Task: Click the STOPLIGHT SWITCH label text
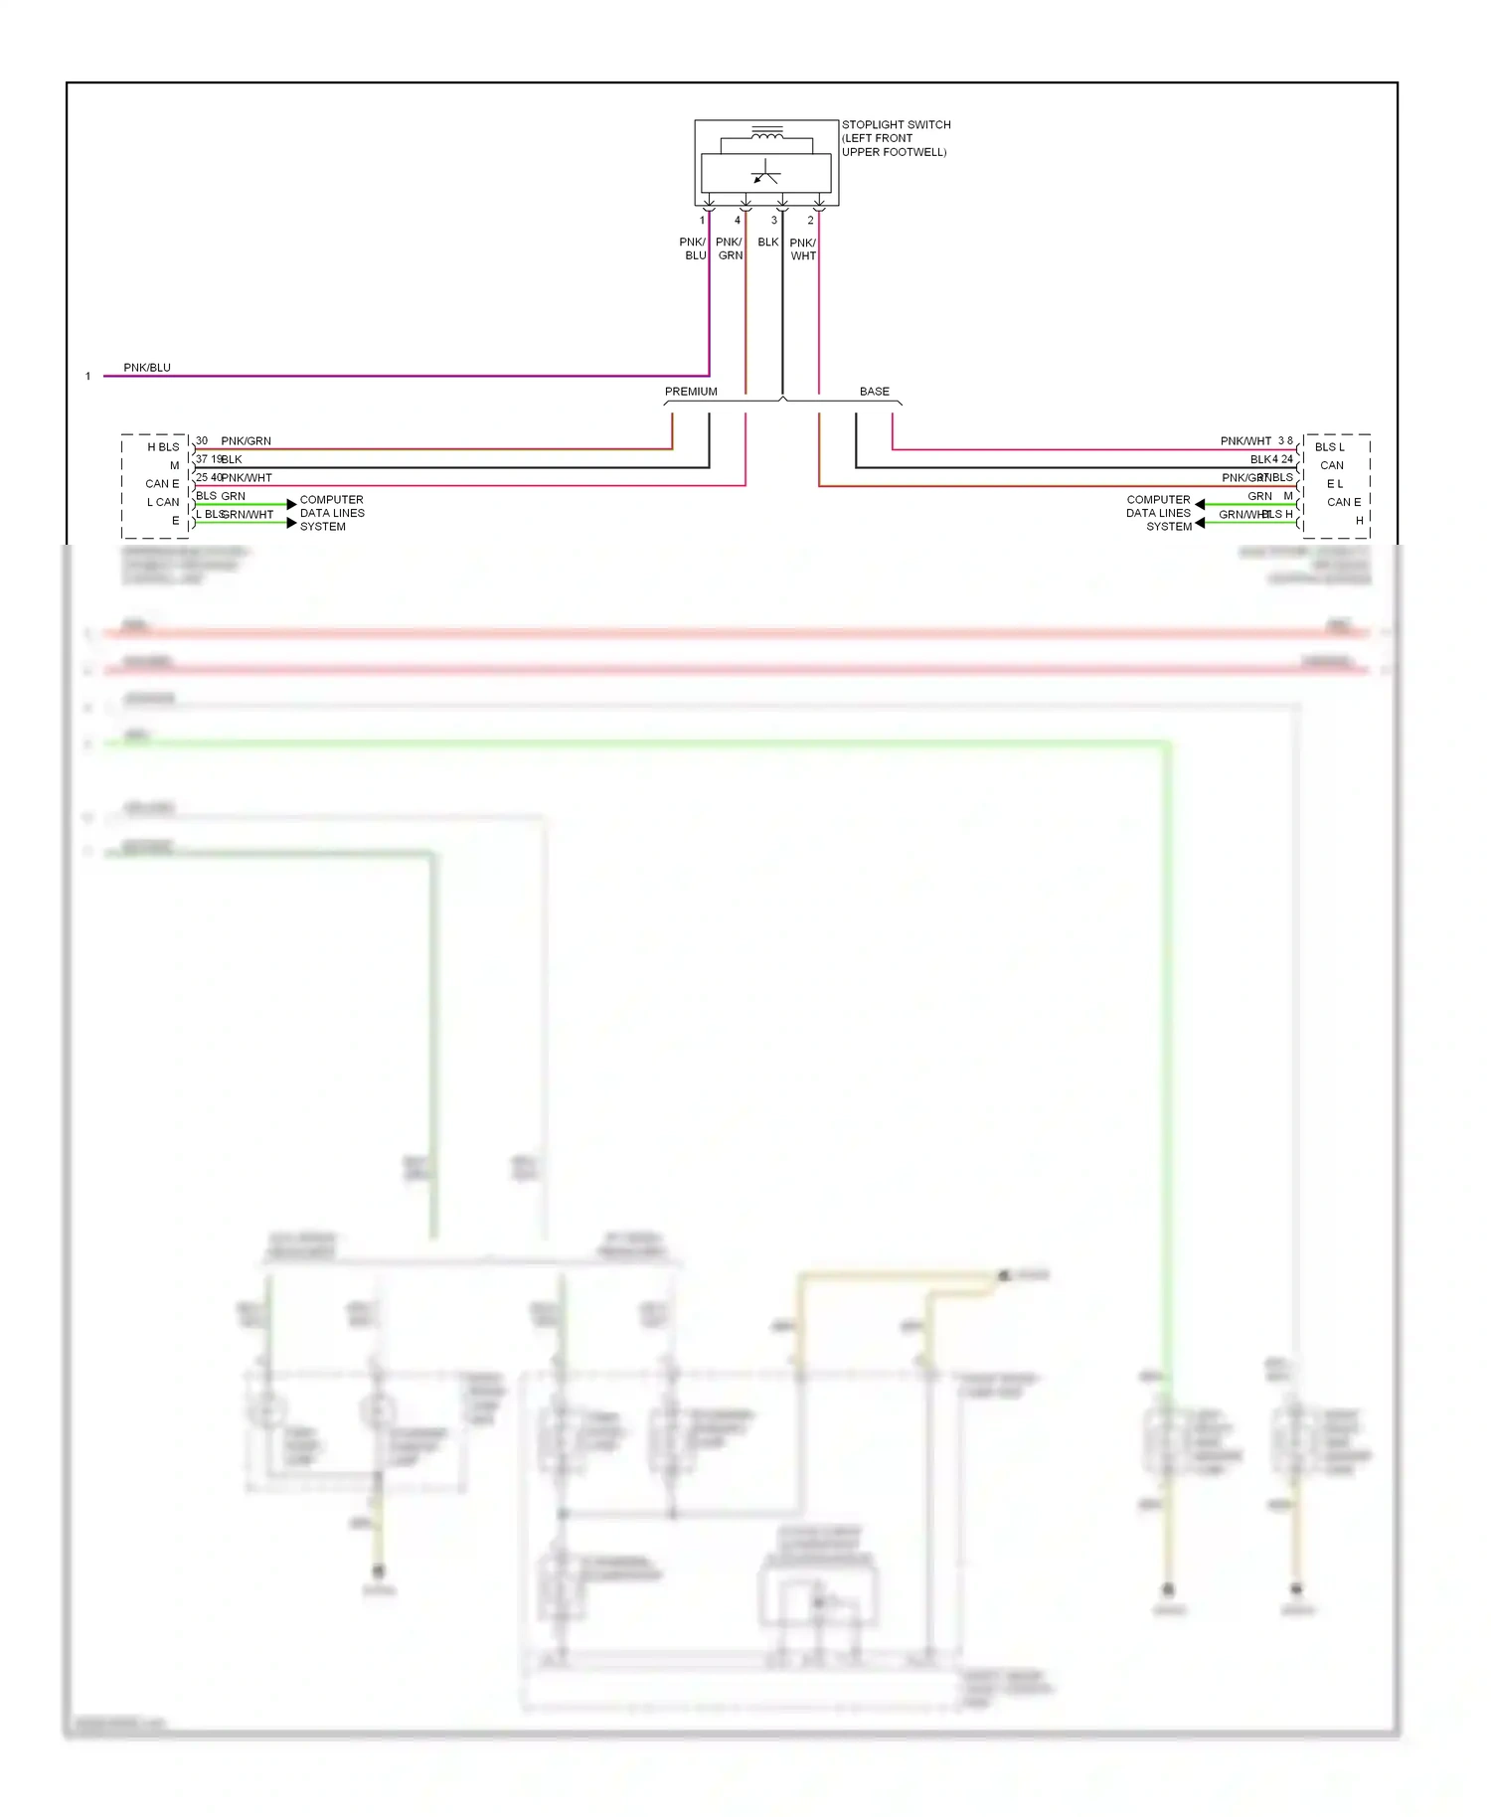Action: (896, 125)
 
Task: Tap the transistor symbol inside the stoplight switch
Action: (765, 173)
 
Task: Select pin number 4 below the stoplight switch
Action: (738, 221)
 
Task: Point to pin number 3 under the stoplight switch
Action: (774, 221)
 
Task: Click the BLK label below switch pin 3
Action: (768, 243)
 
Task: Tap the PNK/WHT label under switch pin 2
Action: (803, 249)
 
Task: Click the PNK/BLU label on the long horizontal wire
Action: (147, 368)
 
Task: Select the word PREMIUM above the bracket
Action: (691, 392)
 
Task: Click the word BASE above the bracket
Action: (875, 392)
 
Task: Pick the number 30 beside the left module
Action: (202, 440)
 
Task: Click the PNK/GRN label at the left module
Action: (246, 441)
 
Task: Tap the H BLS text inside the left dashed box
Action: (163, 447)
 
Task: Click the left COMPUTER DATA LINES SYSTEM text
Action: (332, 513)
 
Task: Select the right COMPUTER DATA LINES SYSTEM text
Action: (1158, 513)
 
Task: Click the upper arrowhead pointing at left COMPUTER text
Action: (291, 504)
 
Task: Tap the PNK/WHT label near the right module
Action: (1245, 441)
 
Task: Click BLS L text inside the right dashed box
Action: (1329, 447)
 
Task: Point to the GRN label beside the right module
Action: (1259, 496)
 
